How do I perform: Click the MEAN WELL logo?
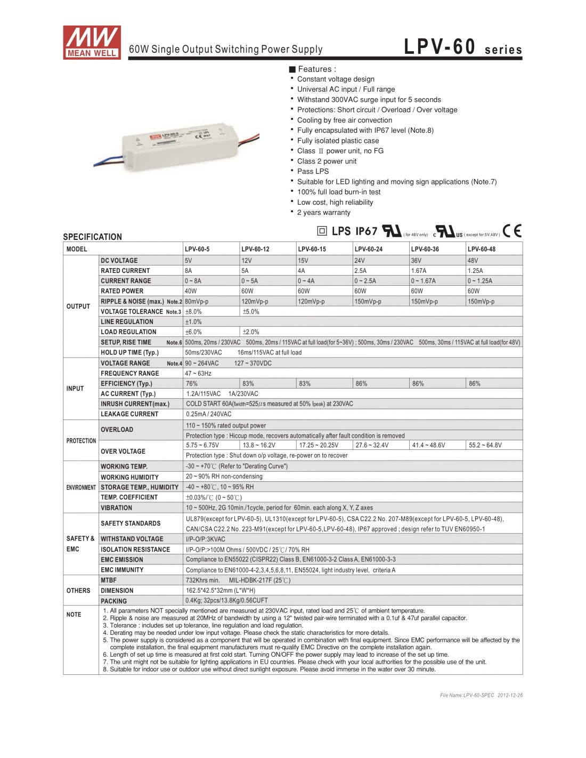92,42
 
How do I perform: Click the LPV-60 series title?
462,47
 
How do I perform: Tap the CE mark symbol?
512,230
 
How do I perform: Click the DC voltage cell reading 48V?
473,261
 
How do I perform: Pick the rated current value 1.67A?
418,271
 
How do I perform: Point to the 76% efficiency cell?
192,383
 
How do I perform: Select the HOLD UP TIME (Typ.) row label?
129,352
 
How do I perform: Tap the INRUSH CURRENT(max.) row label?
135,404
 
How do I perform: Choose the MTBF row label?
108,580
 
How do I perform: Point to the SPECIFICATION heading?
92,237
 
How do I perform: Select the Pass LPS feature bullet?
313,171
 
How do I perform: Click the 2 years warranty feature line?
323,212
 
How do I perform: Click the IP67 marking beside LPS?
366,231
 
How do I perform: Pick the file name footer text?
481,695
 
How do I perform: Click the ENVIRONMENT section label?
81,487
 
